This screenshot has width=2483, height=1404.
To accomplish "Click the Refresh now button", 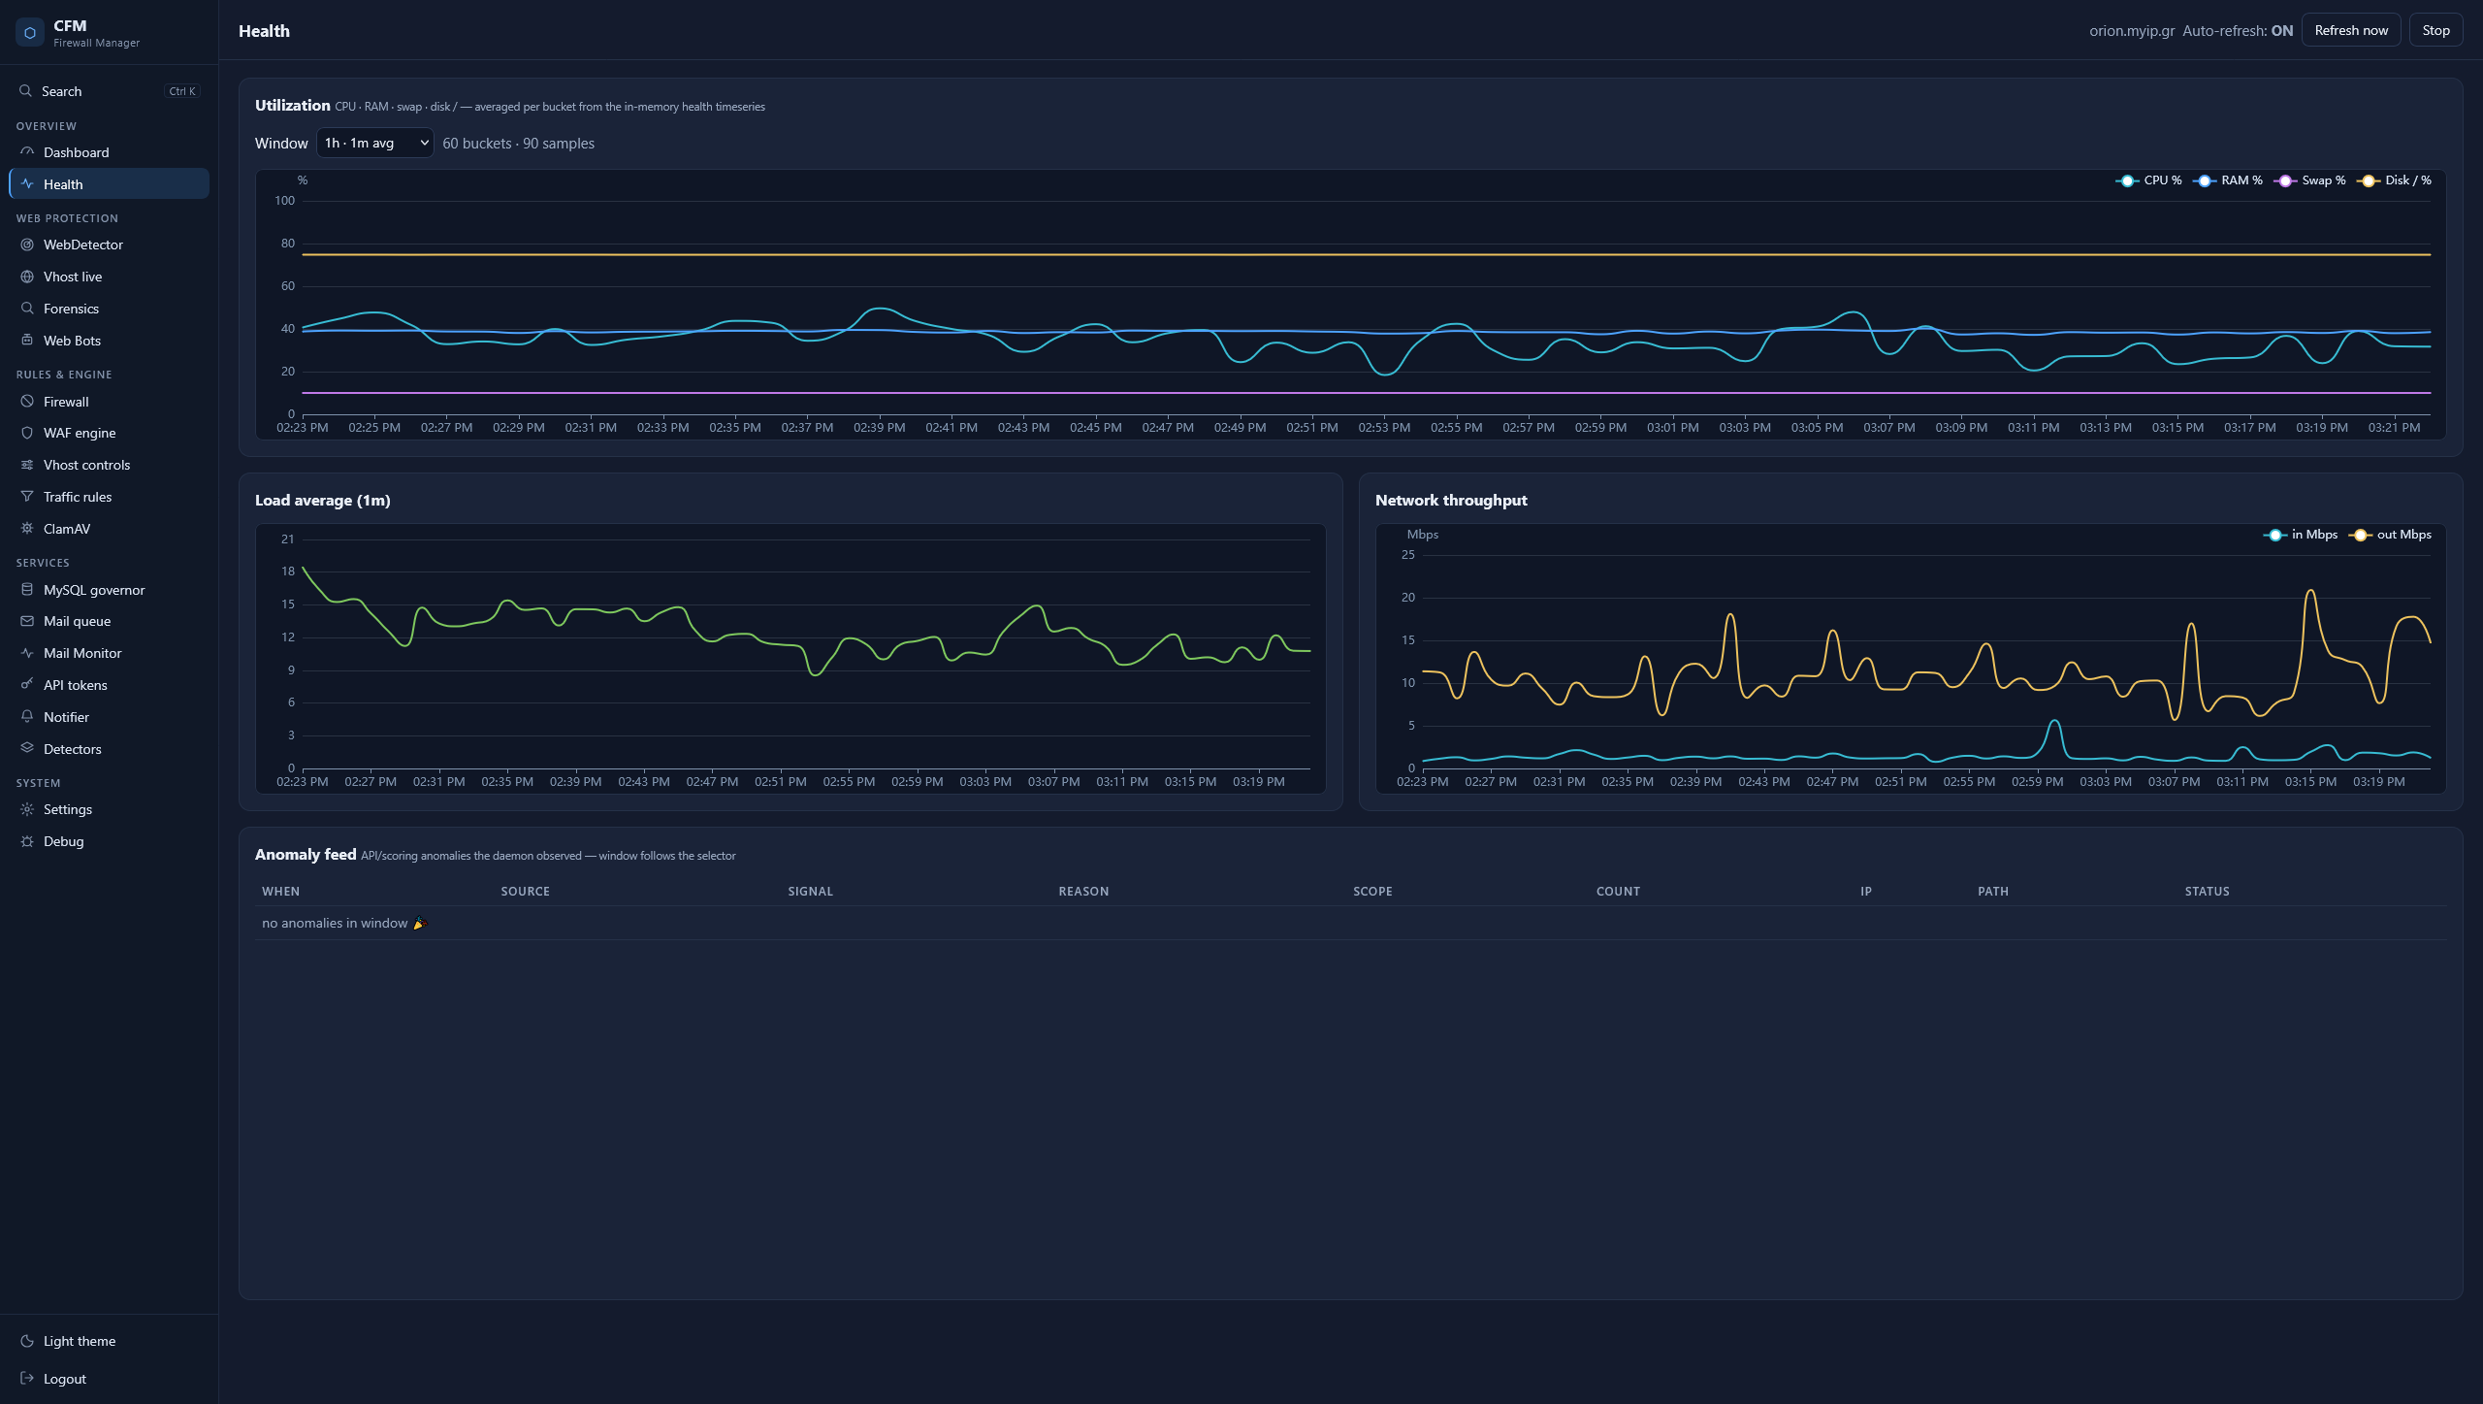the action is pyautogui.click(x=2350, y=30).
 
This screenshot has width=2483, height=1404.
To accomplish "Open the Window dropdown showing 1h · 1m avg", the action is pyautogui.click(x=374, y=143).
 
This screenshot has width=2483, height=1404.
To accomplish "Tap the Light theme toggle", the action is pyautogui.click(x=79, y=1341).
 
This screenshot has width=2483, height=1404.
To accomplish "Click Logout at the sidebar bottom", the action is pyautogui.click(x=64, y=1379).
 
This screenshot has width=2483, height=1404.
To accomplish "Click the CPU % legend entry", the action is pyautogui.click(x=2149, y=180).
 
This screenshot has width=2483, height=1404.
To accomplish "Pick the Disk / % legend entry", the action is pyautogui.click(x=2395, y=180).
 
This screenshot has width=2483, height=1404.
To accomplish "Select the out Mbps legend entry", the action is pyautogui.click(x=2391, y=535).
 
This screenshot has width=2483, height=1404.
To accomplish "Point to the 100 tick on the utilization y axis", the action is pyautogui.click(x=285, y=201).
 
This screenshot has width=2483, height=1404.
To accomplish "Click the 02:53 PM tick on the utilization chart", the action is pyautogui.click(x=1384, y=428).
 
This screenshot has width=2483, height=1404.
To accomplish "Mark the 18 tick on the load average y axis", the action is pyautogui.click(x=288, y=571).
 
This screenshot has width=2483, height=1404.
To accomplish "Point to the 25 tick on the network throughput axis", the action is pyautogui.click(x=1408, y=555).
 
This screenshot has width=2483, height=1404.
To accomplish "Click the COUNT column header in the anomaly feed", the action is pyautogui.click(x=1618, y=892).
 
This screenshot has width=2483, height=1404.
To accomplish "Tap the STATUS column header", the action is pyautogui.click(x=2207, y=892).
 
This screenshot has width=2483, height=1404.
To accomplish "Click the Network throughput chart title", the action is pyautogui.click(x=1451, y=501).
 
